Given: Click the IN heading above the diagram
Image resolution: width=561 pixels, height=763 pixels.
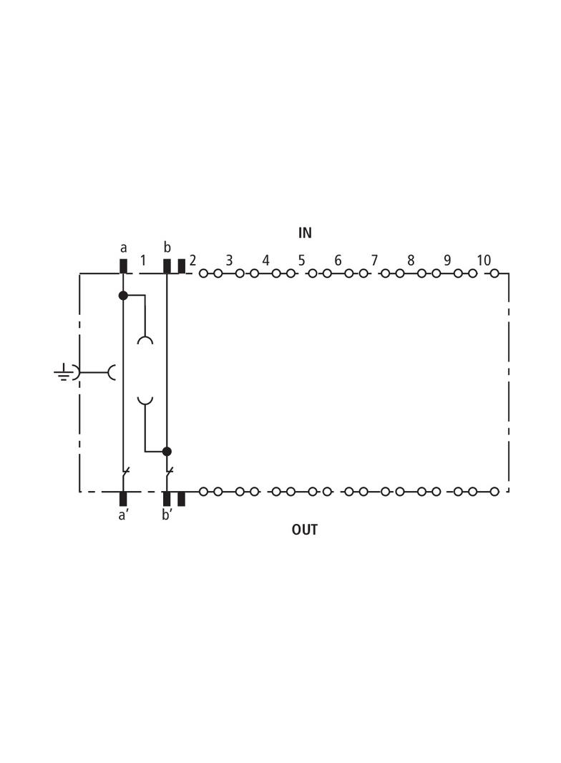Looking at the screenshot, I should tap(305, 233).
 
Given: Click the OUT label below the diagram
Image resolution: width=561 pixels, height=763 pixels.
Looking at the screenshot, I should tap(304, 530).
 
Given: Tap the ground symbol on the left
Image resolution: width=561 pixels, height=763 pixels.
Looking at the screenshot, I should tap(64, 372).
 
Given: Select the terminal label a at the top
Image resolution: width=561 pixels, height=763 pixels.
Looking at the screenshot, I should tap(123, 248).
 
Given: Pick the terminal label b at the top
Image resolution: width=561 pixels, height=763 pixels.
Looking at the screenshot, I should tap(167, 248).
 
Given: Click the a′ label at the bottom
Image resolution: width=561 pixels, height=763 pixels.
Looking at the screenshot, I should tap(123, 514).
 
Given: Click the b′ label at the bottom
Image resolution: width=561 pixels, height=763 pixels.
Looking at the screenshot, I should tap(167, 514).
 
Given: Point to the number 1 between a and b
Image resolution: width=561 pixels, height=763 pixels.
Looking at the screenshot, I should tap(143, 261).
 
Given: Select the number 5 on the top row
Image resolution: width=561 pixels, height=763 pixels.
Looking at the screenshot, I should tap(301, 261).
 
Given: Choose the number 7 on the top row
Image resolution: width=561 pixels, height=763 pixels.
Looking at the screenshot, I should tap(374, 261).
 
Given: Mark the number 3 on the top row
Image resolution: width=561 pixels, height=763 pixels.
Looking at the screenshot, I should tap(229, 261).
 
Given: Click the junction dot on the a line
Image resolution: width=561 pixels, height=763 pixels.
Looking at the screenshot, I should tap(123, 295).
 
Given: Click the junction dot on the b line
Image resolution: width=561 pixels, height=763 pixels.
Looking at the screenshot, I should tap(167, 452).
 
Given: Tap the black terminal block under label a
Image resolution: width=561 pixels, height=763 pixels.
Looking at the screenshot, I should tap(123, 266).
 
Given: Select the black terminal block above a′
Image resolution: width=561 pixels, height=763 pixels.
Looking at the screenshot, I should tap(123, 498).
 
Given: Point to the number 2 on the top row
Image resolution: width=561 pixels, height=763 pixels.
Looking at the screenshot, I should tap(192, 261).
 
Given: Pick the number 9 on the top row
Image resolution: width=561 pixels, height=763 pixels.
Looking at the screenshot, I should tap(447, 261).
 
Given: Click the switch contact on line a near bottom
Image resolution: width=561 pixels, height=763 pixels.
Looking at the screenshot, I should tap(125, 472).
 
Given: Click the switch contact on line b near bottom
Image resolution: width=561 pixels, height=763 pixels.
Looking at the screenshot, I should tap(168, 472).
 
